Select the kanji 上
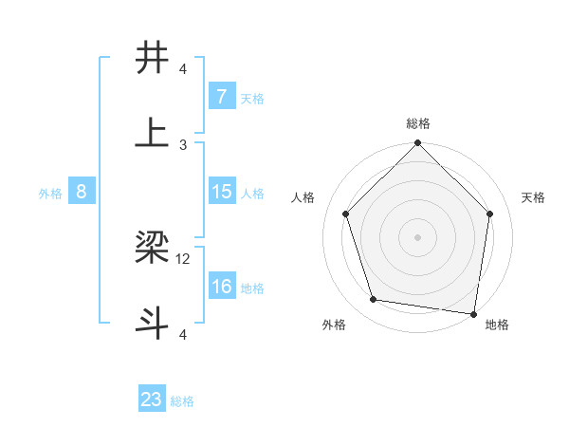[153, 132]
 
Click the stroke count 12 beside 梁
[184, 258]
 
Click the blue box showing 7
[221, 96]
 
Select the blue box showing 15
[221, 192]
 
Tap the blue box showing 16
[221, 287]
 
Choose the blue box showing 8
[82, 192]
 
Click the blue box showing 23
[152, 400]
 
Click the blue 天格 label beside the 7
[252, 98]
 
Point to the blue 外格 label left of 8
[50, 193]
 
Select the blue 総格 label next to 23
[182, 401]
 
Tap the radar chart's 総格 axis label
[418, 123]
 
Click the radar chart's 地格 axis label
[497, 325]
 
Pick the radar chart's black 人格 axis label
[303, 197]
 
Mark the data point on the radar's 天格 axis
[490, 214]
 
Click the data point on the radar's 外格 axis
[374, 300]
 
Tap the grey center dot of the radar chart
[418, 236]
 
